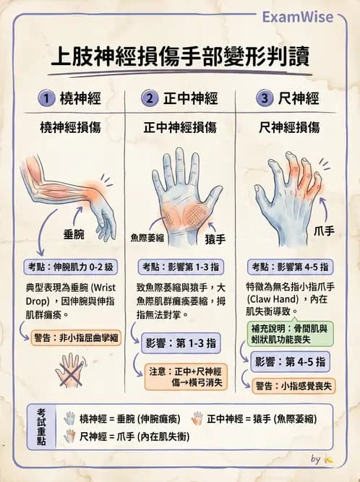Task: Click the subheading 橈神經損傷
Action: click(70, 128)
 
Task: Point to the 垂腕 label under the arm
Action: click(75, 235)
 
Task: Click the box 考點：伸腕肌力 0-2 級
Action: click(71, 265)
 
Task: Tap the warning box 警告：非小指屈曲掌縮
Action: click(77, 337)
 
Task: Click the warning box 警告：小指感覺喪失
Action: click(297, 385)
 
